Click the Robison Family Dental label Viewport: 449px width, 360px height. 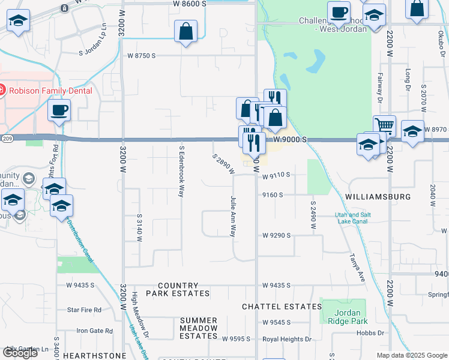pos(50,91)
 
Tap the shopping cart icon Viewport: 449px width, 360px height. pos(384,125)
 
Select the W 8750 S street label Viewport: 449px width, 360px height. pos(142,55)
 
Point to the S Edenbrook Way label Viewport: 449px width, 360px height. pos(181,171)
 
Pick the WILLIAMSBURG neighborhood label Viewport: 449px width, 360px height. pos(378,197)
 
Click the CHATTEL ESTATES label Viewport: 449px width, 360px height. pos(282,307)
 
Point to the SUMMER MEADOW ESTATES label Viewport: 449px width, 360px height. pos(198,328)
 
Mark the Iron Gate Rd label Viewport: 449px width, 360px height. pos(94,331)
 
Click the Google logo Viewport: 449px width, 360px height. pos(20,353)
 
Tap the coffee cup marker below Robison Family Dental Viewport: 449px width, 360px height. pos(59,110)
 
